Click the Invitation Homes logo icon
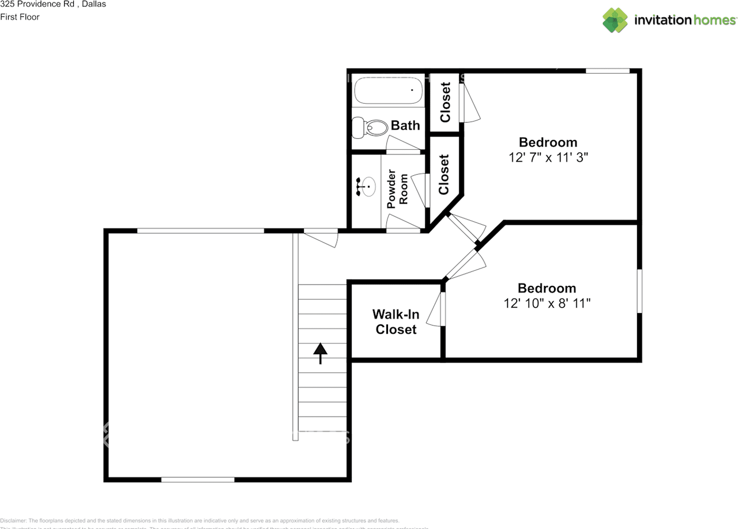click(615, 20)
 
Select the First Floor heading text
click(20, 17)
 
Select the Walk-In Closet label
click(396, 322)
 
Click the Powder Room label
click(397, 188)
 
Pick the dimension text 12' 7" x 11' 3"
click(548, 157)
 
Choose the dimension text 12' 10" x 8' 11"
click(547, 303)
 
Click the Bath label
click(405, 125)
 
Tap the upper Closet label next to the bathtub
click(445, 102)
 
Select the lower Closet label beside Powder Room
click(443, 174)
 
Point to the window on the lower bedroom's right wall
click(639, 291)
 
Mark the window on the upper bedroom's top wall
click(607, 71)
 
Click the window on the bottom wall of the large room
click(197, 479)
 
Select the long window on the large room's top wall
click(200, 231)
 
